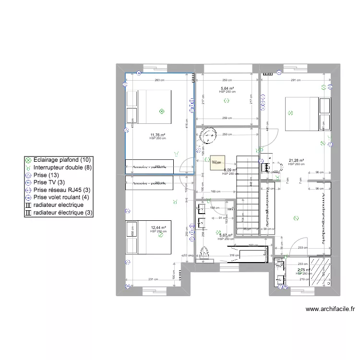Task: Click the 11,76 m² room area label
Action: point(158,135)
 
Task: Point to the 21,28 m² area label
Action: point(297,161)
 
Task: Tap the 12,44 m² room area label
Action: point(158,228)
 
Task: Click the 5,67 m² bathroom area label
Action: point(226,235)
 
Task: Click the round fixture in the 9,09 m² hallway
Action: point(209,135)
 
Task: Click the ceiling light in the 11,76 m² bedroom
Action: point(162,111)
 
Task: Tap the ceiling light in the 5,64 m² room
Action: point(227,100)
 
